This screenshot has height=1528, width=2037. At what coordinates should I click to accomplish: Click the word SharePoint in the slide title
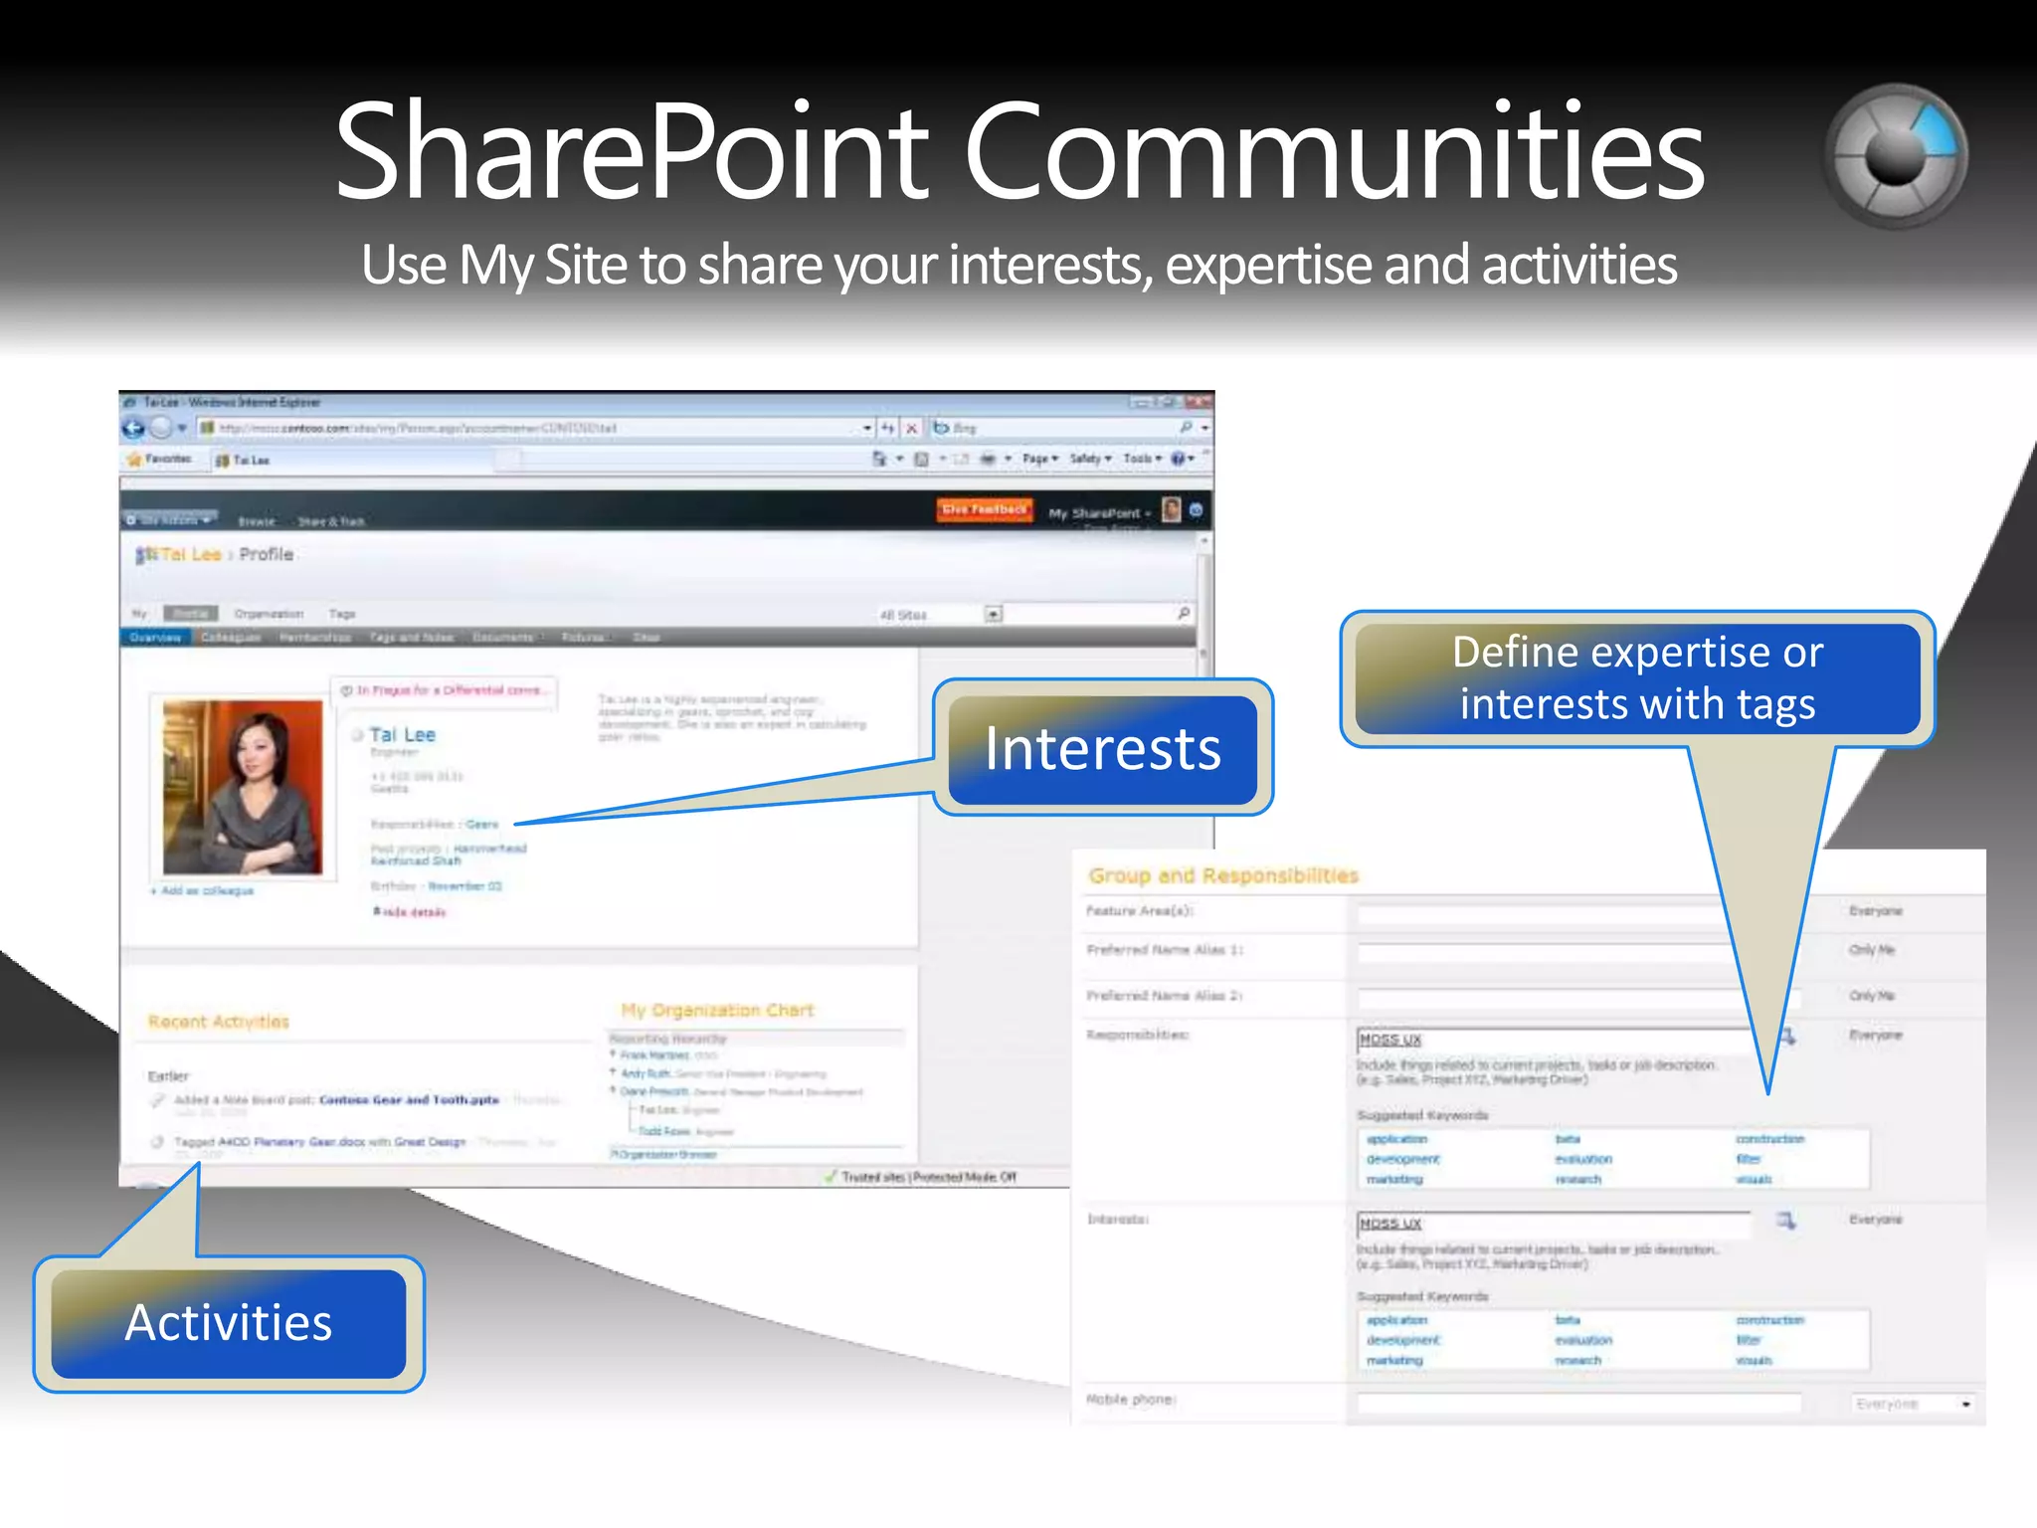(x=633, y=154)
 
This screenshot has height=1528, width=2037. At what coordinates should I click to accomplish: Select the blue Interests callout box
(x=1102, y=749)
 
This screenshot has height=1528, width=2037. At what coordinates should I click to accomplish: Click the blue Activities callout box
(x=229, y=1323)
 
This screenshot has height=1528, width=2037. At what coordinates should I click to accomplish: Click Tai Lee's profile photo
(x=243, y=787)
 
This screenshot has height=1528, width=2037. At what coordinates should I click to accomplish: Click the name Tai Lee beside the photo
(x=402, y=735)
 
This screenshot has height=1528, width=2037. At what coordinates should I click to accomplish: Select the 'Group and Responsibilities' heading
(x=1223, y=875)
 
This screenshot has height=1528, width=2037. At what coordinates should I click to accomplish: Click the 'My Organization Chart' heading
(x=717, y=1011)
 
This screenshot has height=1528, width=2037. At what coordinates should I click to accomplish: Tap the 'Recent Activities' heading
(x=219, y=1022)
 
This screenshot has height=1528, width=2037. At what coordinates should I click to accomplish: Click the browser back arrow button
(x=133, y=429)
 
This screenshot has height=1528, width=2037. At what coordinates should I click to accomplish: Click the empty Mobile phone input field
(x=1579, y=1403)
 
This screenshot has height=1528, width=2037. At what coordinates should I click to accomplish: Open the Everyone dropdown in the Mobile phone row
(x=1913, y=1404)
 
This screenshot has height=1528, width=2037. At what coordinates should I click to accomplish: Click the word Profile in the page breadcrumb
(x=267, y=555)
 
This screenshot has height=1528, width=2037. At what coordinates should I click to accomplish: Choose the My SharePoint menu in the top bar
(x=1098, y=513)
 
